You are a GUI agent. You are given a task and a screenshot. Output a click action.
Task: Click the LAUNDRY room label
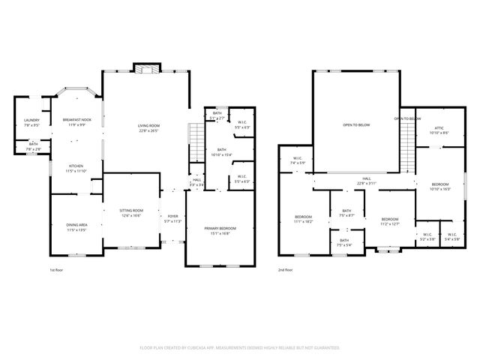(31, 121)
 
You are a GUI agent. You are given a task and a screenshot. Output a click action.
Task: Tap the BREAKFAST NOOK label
(77, 120)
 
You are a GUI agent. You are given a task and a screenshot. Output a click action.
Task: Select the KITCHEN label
(76, 166)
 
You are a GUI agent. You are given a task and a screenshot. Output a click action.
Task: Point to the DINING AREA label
(78, 225)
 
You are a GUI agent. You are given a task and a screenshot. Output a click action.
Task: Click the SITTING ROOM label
(132, 211)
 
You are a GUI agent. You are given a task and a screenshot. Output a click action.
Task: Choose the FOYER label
(173, 217)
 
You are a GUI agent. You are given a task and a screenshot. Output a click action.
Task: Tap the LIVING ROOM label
(148, 125)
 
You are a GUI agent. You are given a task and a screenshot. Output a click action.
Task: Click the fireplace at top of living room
(145, 68)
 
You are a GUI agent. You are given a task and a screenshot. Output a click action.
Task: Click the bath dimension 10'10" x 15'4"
(222, 154)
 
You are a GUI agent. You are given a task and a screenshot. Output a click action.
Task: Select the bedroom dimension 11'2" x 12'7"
(389, 223)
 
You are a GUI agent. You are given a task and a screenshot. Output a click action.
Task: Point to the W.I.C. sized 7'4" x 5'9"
(297, 163)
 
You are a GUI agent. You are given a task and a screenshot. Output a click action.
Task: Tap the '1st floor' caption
(57, 269)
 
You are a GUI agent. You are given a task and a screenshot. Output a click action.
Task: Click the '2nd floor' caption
(286, 269)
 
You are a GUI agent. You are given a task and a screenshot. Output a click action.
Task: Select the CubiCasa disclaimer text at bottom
(240, 347)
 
